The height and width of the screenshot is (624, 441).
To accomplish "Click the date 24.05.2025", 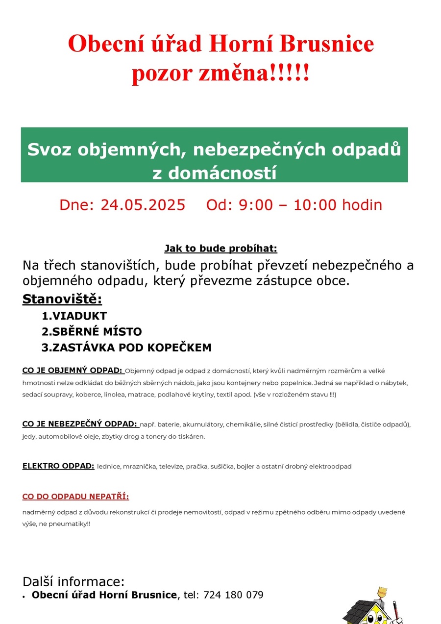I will click(143, 205).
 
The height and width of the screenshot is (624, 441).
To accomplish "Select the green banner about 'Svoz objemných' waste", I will click(214, 155).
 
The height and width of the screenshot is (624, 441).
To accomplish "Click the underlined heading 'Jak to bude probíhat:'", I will click(220, 248).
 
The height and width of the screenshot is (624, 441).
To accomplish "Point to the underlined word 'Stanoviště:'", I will click(62, 299).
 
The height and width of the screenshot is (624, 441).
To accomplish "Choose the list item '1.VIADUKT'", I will click(74, 316).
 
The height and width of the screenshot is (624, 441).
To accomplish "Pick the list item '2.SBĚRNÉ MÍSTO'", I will click(92, 332).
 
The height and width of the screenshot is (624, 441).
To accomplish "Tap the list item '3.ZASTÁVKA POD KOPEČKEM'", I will click(126, 348).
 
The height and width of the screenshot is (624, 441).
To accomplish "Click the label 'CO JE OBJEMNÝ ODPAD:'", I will click(72, 370).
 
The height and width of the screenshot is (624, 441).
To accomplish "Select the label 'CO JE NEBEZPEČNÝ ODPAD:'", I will click(79, 424).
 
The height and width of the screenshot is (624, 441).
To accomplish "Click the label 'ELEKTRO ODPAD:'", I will click(58, 466).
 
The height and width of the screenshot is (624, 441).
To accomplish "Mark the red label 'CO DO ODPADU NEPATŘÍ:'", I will click(75, 497).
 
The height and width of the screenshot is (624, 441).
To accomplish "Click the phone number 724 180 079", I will click(233, 595).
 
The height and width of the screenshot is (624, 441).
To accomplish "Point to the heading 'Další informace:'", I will click(73, 582).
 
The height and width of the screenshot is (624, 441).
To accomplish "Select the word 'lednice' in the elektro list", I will click(109, 467).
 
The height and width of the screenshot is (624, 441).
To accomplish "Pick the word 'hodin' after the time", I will click(362, 205).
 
